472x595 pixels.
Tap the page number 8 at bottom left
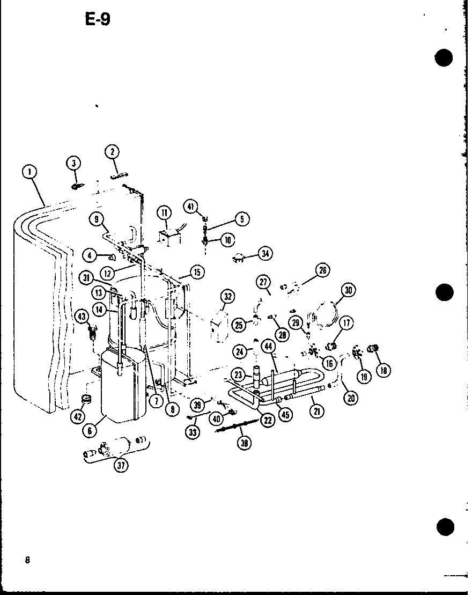click(x=27, y=560)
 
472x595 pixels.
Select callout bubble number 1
click(x=29, y=172)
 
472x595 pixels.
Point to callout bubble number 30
click(x=348, y=290)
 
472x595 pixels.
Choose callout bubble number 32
click(x=227, y=296)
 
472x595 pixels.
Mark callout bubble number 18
click(x=383, y=370)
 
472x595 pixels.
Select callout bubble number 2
click(x=112, y=152)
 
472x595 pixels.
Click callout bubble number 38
click(x=245, y=443)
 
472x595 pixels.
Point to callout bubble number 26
click(x=322, y=270)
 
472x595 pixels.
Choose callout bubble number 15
click(x=197, y=273)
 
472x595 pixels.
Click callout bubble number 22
click(x=267, y=420)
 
